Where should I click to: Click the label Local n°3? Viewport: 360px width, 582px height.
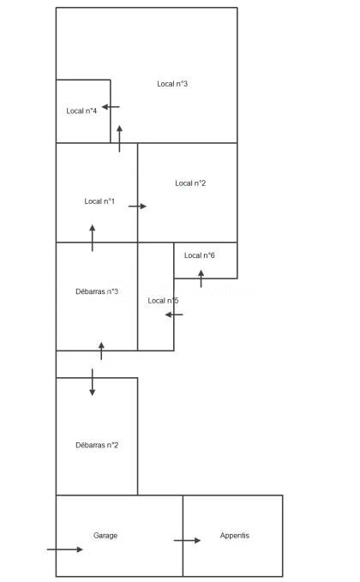(172, 84)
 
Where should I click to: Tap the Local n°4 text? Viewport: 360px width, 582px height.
(81, 111)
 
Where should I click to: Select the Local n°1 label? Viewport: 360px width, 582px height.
(99, 201)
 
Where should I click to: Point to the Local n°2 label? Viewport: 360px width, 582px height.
(190, 183)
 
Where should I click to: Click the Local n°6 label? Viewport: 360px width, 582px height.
(200, 255)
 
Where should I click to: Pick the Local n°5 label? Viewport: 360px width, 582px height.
(164, 301)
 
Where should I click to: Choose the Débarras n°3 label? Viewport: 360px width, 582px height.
(97, 291)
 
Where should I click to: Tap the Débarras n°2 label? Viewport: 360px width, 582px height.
(97, 445)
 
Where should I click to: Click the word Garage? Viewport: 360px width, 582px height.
(105, 535)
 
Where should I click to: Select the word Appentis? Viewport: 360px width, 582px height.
(235, 535)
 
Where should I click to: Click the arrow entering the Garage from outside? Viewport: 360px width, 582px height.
(65, 549)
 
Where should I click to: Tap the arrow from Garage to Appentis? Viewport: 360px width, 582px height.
(188, 540)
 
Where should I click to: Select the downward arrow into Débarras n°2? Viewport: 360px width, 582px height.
(93, 382)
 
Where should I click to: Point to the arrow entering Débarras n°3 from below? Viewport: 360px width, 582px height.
(101, 351)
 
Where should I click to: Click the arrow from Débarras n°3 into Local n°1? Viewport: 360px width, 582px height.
(93, 238)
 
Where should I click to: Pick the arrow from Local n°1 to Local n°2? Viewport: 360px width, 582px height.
(138, 207)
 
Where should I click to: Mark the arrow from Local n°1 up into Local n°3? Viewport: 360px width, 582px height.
(119, 139)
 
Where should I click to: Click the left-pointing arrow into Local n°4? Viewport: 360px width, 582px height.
(111, 107)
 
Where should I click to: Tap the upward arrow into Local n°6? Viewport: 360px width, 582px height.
(201, 279)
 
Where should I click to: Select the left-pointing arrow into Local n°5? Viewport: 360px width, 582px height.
(174, 315)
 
